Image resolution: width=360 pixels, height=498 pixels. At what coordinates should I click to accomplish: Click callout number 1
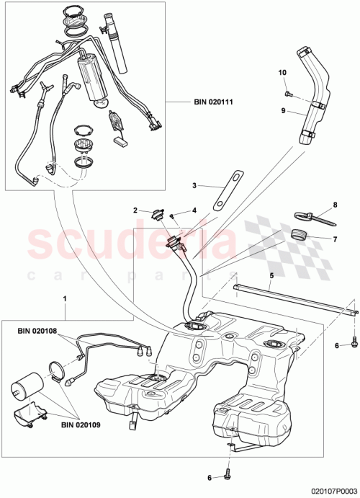66,298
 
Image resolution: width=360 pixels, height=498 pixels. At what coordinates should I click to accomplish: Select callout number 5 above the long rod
271,275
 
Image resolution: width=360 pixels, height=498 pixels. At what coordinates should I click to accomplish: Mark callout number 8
334,205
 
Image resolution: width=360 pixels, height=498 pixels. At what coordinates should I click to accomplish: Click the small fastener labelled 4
174,215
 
